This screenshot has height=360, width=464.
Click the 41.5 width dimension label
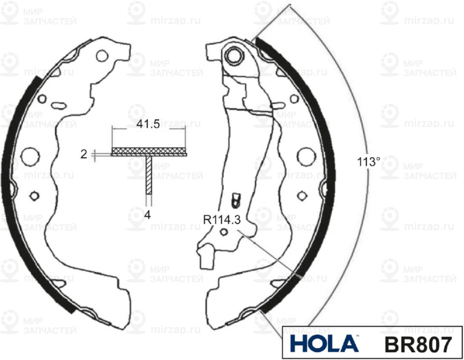(x=148, y=124)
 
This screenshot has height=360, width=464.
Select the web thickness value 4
(x=148, y=216)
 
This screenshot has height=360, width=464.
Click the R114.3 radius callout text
(x=222, y=219)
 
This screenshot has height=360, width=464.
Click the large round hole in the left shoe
(x=30, y=155)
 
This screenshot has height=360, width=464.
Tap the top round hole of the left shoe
(x=102, y=56)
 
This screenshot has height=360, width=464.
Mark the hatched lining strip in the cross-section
(x=149, y=151)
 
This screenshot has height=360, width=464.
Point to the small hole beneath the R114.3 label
(x=224, y=232)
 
